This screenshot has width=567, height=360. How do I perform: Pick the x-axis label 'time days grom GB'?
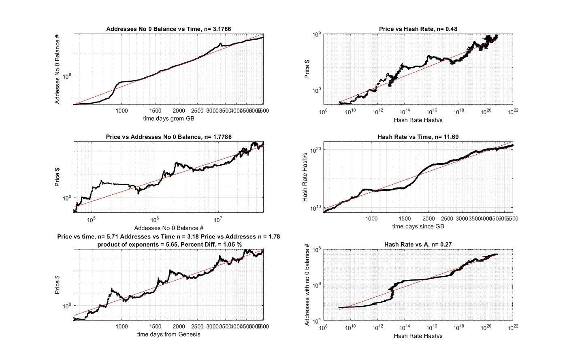click(x=168, y=119)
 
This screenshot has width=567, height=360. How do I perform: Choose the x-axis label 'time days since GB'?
click(x=418, y=226)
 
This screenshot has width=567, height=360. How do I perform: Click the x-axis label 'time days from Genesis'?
click(x=168, y=334)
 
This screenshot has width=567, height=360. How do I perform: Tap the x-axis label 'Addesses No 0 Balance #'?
click(x=168, y=228)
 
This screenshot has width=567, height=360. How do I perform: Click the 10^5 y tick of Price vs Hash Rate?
click(x=316, y=35)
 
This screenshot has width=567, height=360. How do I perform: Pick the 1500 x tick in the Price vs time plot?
click(x=155, y=327)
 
